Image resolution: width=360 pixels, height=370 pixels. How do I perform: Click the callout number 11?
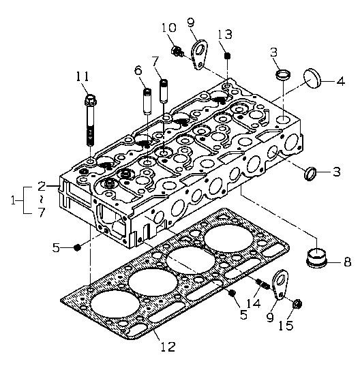(82, 76)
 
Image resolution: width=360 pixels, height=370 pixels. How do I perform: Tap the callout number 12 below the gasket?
(168, 347)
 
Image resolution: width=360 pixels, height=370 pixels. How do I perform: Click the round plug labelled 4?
(312, 78)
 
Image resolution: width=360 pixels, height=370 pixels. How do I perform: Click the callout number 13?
(225, 34)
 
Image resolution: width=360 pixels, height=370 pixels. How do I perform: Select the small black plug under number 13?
(227, 56)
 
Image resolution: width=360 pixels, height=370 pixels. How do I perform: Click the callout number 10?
(169, 27)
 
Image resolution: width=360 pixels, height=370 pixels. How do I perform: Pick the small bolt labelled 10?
(177, 51)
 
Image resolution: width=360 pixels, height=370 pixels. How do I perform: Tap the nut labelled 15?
(297, 305)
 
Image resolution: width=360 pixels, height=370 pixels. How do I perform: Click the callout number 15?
(286, 326)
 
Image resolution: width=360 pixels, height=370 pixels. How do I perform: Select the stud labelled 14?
(262, 284)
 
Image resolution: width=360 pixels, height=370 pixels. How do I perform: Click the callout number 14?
(254, 303)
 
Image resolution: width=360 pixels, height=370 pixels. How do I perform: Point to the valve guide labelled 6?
(148, 102)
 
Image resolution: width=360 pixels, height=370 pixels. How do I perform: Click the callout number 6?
(138, 70)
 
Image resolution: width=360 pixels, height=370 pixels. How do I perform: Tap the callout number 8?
(347, 262)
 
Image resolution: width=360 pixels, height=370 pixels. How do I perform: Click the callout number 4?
(341, 81)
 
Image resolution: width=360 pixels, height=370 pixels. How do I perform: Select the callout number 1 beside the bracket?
(13, 201)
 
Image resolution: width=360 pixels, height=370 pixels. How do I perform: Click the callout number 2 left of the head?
(42, 187)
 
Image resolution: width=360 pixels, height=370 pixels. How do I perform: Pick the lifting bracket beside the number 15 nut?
(280, 284)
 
